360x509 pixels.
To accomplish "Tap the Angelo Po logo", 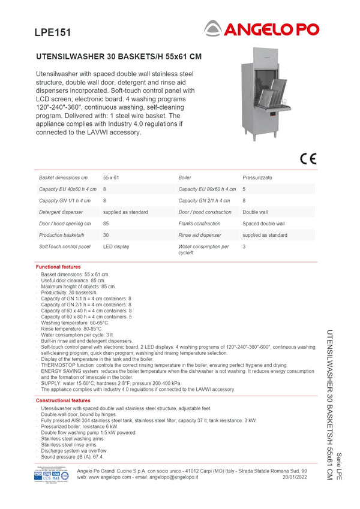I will pyautogui.click(x=261, y=28).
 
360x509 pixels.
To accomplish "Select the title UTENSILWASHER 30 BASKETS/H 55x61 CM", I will pyautogui.click(x=119, y=57).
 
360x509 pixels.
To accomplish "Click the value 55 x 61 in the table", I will pyautogui.click(x=111, y=178).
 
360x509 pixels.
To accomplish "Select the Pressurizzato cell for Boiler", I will pyautogui.click(x=257, y=178).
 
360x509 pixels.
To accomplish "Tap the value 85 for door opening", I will pyautogui.click(x=106, y=224).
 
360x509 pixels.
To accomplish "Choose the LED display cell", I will pyautogui.click(x=116, y=246).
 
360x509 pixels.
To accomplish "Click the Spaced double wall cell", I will pyautogui.click(x=263, y=224).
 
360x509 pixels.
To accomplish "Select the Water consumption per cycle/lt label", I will pyautogui.click(x=203, y=249).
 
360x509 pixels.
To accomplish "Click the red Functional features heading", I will pyautogui.click(x=58, y=267).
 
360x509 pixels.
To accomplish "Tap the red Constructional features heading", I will pyautogui.click(x=63, y=400).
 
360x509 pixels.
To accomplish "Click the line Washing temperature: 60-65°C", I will pyautogui.click(x=75, y=323).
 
